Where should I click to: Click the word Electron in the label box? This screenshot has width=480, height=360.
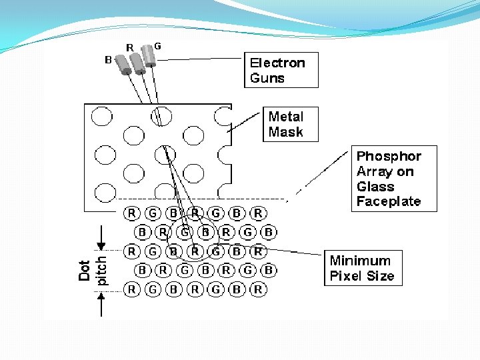click(277, 63)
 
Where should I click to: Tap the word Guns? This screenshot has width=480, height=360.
click(267, 78)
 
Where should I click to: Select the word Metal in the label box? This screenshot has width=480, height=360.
click(285, 117)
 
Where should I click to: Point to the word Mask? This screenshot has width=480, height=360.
click(285, 132)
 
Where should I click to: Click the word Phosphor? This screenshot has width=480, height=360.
click(389, 157)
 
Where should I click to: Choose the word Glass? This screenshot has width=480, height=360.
click(375, 187)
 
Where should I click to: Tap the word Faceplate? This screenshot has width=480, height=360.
click(389, 201)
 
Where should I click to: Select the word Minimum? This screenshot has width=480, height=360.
click(360, 261)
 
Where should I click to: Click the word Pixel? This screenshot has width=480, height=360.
click(345, 276)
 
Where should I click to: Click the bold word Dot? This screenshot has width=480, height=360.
click(85, 270)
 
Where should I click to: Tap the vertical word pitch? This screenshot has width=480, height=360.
click(101, 270)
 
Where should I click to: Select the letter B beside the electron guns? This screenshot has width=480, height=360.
click(108, 60)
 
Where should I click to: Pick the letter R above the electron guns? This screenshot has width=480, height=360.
click(130, 47)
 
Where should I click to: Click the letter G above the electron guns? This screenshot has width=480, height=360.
click(157, 46)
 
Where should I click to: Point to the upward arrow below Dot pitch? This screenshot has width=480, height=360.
click(101, 304)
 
